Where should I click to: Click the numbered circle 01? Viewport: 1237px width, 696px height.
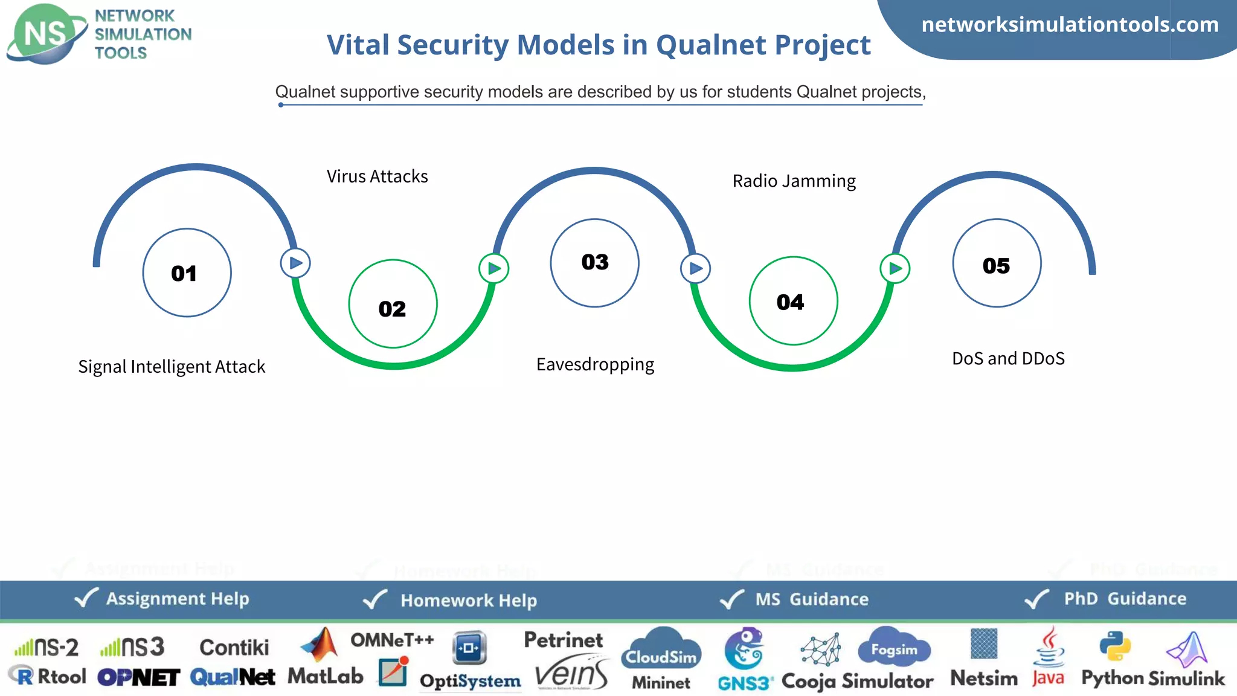[x=187, y=272]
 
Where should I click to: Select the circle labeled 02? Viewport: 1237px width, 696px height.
[x=393, y=304]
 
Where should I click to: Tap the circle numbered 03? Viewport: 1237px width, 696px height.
[x=594, y=263]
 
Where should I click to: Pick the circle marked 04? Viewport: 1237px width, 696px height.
[x=792, y=301]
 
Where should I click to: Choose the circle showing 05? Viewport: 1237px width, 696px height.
[x=997, y=263]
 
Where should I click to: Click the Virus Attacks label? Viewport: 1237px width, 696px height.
[x=377, y=176]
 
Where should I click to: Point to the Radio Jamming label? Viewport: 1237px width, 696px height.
[x=794, y=181]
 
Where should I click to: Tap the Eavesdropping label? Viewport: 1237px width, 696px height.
[x=595, y=364]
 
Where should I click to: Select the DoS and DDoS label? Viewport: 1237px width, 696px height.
[x=1008, y=358]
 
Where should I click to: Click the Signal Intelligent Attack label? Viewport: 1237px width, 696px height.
[x=172, y=367]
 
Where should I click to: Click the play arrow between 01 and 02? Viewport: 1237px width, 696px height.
[x=295, y=263]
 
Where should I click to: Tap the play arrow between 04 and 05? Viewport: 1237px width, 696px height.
[x=895, y=268]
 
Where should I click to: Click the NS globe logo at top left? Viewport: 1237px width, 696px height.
[x=47, y=34]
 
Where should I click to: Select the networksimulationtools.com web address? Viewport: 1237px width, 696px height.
[x=1070, y=25]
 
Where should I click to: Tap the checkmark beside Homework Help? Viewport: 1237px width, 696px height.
[x=375, y=599]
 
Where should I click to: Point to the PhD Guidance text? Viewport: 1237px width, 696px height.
[x=1125, y=599]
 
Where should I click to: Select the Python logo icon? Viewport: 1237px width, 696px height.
[x=1114, y=646]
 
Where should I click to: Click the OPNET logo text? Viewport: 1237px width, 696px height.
[x=138, y=677]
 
